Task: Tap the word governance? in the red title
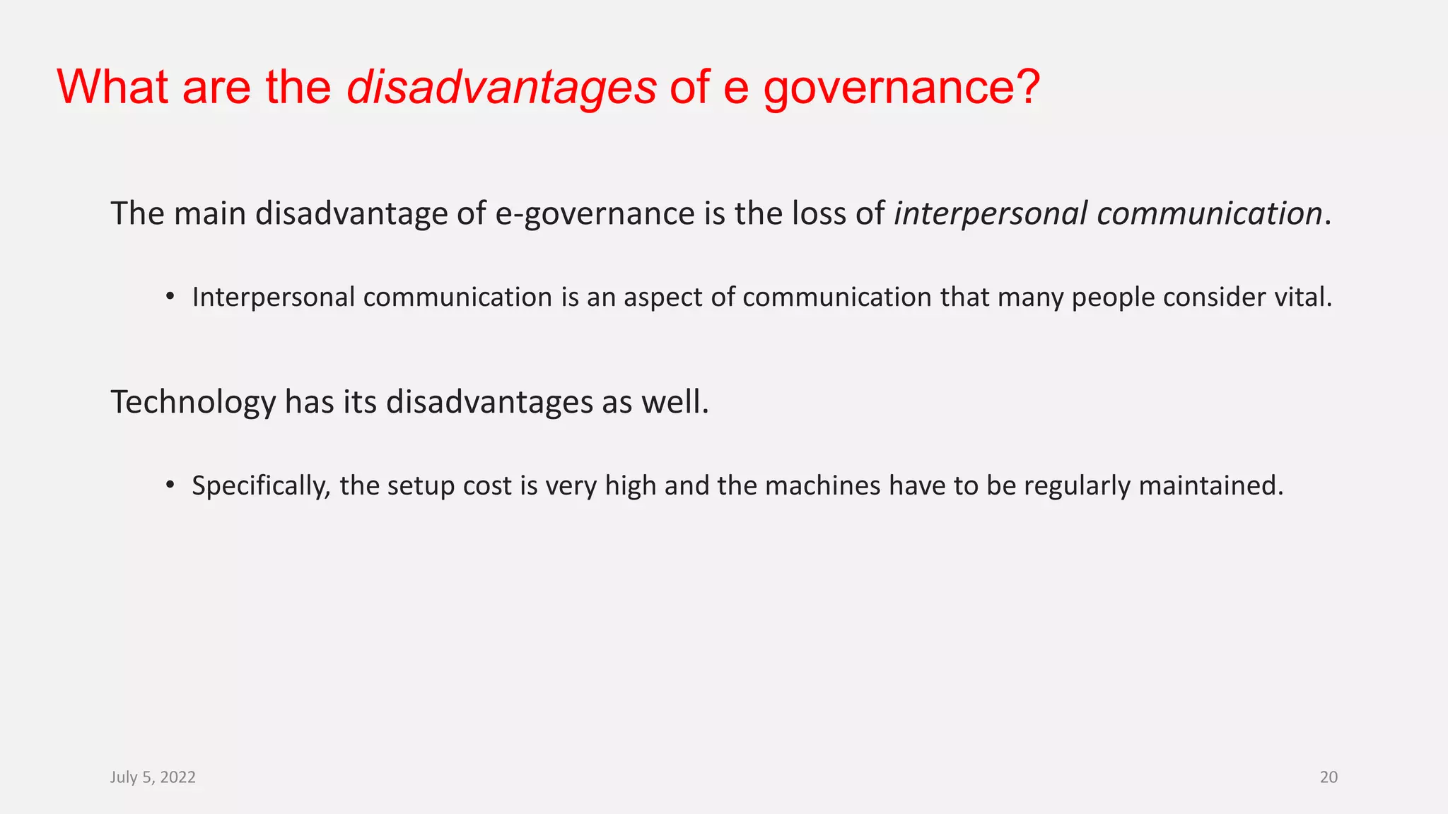[x=901, y=88]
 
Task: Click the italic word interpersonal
[x=991, y=213]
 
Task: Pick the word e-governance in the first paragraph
[x=595, y=213]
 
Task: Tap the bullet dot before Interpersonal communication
[x=170, y=296]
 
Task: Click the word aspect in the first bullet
[x=662, y=297]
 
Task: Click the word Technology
[x=193, y=402]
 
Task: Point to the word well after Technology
[x=674, y=402]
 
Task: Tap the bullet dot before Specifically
[x=170, y=485]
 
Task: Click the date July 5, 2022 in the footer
[x=153, y=777]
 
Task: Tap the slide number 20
[x=1329, y=777]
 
